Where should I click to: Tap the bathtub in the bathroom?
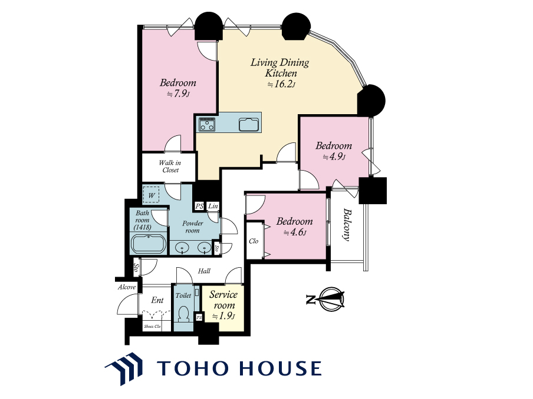pyautogui.click(x=149, y=243)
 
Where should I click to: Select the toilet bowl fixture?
pyautogui.click(x=184, y=314)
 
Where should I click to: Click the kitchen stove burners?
pyautogui.click(x=207, y=124)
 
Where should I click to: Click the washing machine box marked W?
pyautogui.click(x=152, y=195)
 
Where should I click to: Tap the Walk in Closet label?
pyautogui.click(x=170, y=166)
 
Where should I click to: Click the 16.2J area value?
pyautogui.click(x=281, y=84)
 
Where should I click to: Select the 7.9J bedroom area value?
pyautogui.click(x=178, y=94)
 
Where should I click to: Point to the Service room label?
pyautogui.click(x=223, y=300)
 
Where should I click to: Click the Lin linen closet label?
pyautogui.click(x=213, y=206)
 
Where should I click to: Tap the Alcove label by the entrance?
pyautogui.click(x=127, y=287)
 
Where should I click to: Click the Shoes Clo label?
pyautogui.click(x=152, y=327)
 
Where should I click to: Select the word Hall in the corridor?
pyautogui.click(x=204, y=271)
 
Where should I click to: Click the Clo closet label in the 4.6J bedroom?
pyautogui.click(x=254, y=241)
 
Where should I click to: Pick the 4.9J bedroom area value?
pyautogui.click(x=334, y=157)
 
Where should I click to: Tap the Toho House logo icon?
pyautogui.click(x=124, y=369)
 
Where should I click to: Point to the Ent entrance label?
pyautogui.click(x=157, y=300)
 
